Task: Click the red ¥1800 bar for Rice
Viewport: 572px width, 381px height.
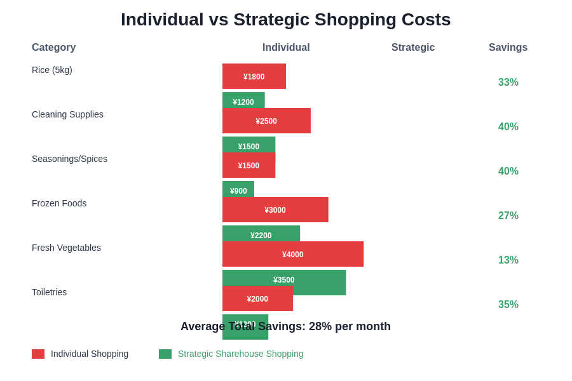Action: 254,76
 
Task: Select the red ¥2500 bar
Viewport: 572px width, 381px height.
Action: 266,121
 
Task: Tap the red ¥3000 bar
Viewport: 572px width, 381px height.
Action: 275,210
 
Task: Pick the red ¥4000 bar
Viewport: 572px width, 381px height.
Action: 293,254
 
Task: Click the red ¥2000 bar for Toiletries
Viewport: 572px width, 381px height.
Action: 257,298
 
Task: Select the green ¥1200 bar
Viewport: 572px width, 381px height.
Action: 243,100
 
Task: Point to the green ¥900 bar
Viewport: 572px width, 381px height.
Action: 238,189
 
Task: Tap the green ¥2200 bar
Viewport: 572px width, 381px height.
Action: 261,233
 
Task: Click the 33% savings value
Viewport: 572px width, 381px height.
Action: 508,83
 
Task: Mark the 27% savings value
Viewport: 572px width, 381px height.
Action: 508,216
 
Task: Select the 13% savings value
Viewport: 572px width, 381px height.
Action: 508,260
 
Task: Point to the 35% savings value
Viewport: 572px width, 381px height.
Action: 508,305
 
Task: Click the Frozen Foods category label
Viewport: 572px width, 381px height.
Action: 59,203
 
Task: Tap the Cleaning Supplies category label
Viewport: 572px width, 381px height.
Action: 67,114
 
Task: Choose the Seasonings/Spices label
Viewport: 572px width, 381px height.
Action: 69,159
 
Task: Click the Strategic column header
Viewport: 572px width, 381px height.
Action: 413,48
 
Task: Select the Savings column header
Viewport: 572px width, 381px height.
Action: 508,48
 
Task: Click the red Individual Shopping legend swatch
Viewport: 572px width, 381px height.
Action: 38,354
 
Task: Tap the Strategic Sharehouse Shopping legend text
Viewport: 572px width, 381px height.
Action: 240,354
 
